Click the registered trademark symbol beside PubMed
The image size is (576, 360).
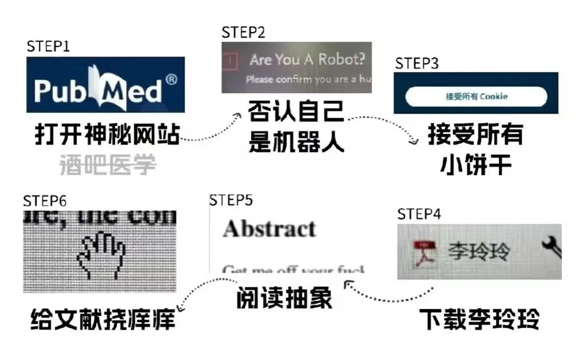pyautogui.click(x=171, y=79)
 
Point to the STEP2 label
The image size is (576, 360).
pyautogui.click(x=243, y=32)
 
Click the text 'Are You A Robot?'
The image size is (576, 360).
pyautogui.click(x=307, y=59)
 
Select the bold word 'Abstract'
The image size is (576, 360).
pyautogui.click(x=269, y=229)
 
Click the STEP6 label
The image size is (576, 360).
pyautogui.click(x=45, y=201)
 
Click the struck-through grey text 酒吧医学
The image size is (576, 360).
pyautogui.click(x=108, y=165)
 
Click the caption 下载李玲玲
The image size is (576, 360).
pyautogui.click(x=479, y=319)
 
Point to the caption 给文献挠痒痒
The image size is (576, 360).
pyautogui.click(x=102, y=320)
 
